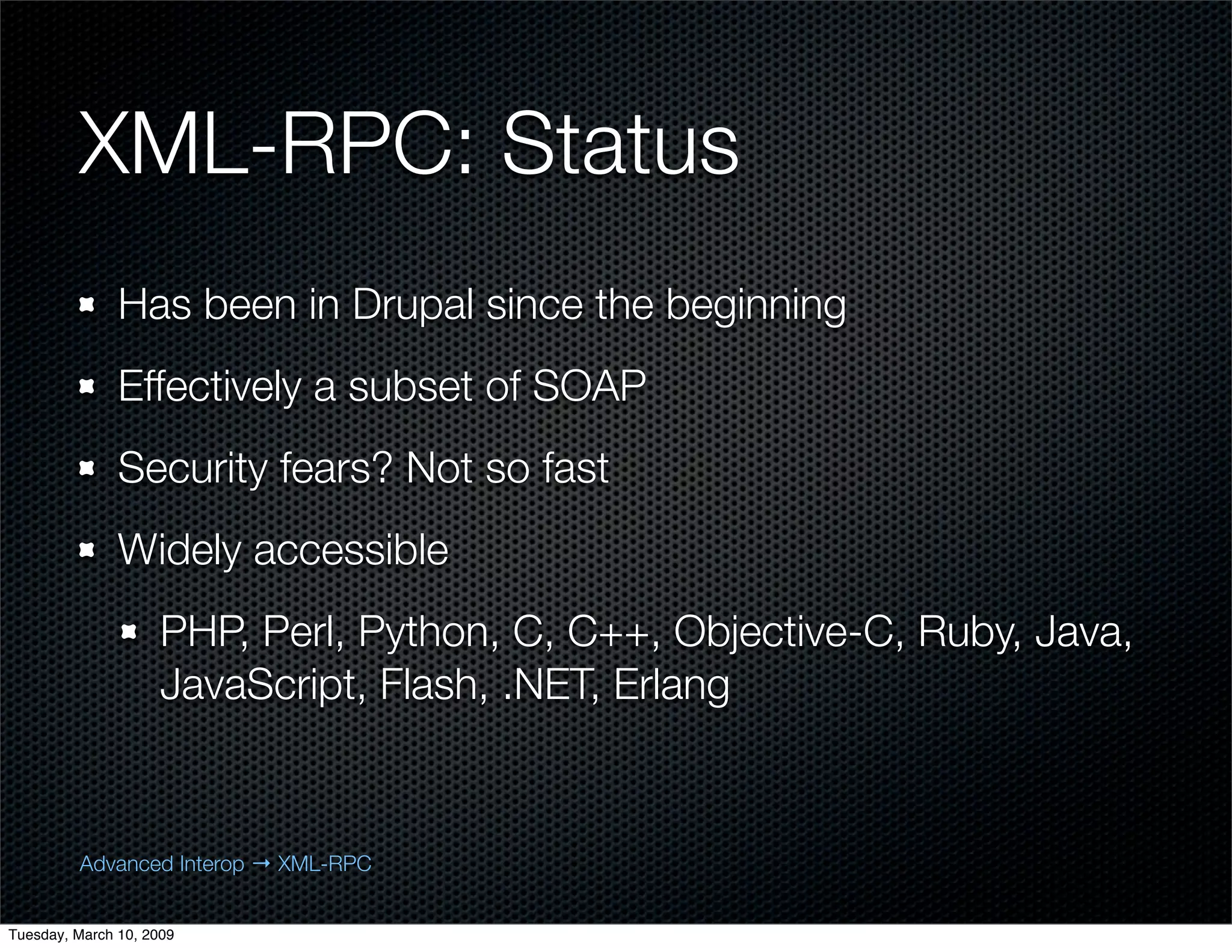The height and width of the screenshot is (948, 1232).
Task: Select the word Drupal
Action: (414, 305)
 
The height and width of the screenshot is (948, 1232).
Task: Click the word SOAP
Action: (589, 386)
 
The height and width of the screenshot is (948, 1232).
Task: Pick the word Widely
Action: (179, 550)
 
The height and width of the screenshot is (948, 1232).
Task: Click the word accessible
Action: (351, 550)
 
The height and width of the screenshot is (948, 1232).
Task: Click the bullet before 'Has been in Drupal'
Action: (88, 306)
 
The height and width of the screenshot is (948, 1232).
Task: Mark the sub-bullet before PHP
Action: (129, 632)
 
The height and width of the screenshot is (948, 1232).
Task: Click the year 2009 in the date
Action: (158, 934)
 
